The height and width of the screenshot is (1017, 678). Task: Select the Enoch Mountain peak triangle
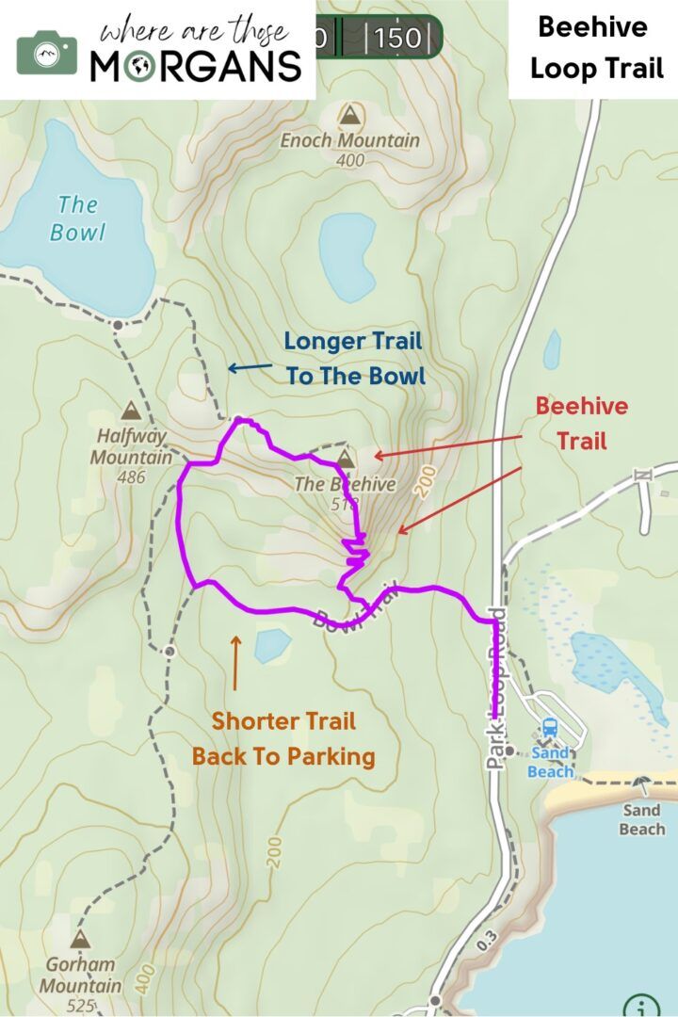[x=350, y=116]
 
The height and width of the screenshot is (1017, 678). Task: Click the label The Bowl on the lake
[x=77, y=218]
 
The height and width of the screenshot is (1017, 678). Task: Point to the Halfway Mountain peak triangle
[x=130, y=411]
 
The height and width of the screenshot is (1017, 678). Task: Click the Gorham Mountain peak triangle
[x=79, y=939]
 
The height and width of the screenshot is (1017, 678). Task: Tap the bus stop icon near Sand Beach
[x=549, y=728]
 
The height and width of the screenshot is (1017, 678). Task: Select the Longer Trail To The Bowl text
[x=354, y=359]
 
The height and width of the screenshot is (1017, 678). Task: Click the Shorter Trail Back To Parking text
[x=283, y=738]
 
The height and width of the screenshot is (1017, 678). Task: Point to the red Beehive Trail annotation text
[x=581, y=423]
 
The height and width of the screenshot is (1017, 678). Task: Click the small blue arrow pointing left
[x=250, y=368]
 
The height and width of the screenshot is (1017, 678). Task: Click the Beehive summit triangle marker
[x=346, y=460]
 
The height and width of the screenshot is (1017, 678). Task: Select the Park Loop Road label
[x=496, y=688]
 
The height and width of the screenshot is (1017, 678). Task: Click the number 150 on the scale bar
[x=398, y=39]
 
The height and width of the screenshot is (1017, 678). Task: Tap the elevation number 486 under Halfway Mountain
[x=131, y=476]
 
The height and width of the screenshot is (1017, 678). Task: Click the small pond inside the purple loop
[x=273, y=645]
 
